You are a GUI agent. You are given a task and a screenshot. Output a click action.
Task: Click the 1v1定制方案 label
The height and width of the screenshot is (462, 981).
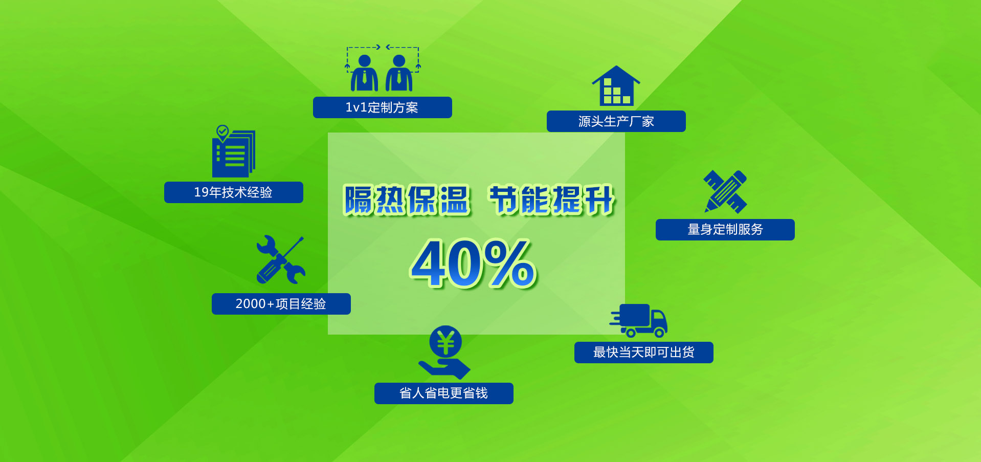pyautogui.click(x=382, y=107)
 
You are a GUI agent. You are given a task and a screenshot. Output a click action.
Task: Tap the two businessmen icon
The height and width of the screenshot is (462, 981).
pyautogui.click(x=382, y=70)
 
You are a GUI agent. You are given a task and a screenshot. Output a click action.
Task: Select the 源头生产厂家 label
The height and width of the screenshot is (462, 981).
pyautogui.click(x=616, y=121)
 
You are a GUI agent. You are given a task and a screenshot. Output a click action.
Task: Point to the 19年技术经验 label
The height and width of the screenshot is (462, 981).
pyautogui.click(x=233, y=192)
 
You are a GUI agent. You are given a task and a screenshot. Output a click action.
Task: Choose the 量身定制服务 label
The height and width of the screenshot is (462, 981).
pyautogui.click(x=725, y=230)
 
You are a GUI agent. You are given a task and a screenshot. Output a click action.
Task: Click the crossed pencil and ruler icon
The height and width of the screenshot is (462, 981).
pyautogui.click(x=725, y=191)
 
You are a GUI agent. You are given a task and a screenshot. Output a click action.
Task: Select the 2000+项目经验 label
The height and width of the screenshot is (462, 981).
pyautogui.click(x=281, y=304)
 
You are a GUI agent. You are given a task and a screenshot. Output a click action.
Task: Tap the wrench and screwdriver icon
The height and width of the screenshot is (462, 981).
pyautogui.click(x=280, y=259)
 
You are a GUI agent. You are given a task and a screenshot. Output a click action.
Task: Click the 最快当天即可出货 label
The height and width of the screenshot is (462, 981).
pyautogui.click(x=643, y=353)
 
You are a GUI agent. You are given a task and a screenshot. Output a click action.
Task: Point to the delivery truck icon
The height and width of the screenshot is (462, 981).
pyautogui.click(x=639, y=320)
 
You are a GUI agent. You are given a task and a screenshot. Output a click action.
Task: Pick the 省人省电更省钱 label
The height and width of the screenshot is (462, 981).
pyautogui.click(x=443, y=393)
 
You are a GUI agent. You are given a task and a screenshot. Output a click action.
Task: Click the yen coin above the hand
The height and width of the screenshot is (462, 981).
pyautogui.click(x=445, y=342)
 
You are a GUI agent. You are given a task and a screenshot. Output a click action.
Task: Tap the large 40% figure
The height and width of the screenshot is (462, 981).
pyautogui.click(x=474, y=264)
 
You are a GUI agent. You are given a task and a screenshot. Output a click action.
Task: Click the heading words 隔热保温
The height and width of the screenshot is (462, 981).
pyautogui.click(x=407, y=200)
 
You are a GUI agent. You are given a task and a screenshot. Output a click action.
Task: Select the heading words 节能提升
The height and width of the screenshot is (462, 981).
pyautogui.click(x=552, y=200)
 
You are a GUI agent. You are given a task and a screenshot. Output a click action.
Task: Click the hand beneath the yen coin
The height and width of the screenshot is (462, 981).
pyautogui.click(x=445, y=368)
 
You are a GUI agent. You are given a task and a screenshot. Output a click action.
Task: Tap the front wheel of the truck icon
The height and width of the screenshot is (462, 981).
pyautogui.click(x=659, y=333)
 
